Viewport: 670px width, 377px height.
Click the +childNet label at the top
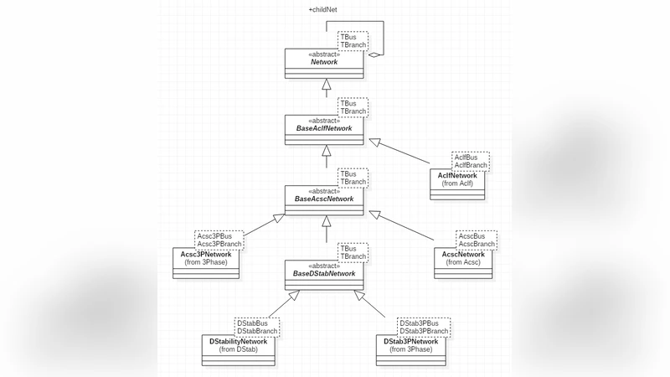point(324,9)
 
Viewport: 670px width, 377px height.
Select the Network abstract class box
point(324,63)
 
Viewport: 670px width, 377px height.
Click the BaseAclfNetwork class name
point(324,127)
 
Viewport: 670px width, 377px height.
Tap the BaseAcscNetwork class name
point(324,199)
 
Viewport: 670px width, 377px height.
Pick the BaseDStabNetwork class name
point(324,273)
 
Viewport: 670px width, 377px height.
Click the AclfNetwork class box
point(457,183)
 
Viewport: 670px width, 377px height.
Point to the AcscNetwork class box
point(463,262)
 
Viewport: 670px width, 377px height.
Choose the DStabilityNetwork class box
point(239,351)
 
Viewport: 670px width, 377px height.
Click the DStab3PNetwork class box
point(411,351)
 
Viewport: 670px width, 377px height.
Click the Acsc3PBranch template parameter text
point(219,244)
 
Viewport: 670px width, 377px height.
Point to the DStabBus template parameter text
point(252,323)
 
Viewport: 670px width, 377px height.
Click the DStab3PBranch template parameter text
point(424,331)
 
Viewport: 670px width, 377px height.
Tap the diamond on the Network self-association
point(374,55)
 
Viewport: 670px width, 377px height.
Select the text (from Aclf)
point(457,183)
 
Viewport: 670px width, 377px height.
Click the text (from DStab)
point(239,349)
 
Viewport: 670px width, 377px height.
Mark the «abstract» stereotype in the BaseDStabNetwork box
point(324,265)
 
